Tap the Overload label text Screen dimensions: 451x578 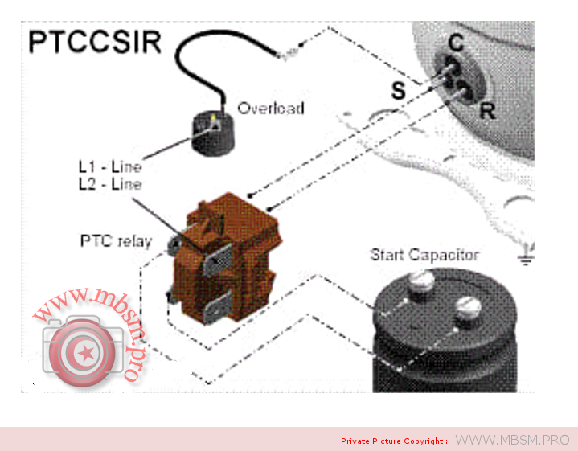[270, 108]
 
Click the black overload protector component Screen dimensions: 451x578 [211, 133]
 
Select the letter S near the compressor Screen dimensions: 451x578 [398, 91]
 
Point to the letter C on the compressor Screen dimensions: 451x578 [455, 43]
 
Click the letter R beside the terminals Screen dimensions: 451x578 [487, 110]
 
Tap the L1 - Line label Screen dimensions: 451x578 [110, 167]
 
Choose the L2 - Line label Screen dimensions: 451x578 [110, 184]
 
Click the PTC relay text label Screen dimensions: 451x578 [115, 240]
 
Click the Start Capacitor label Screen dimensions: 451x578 [424, 255]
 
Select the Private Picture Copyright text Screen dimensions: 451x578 [394, 441]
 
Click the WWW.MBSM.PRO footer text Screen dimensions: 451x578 [512, 440]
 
